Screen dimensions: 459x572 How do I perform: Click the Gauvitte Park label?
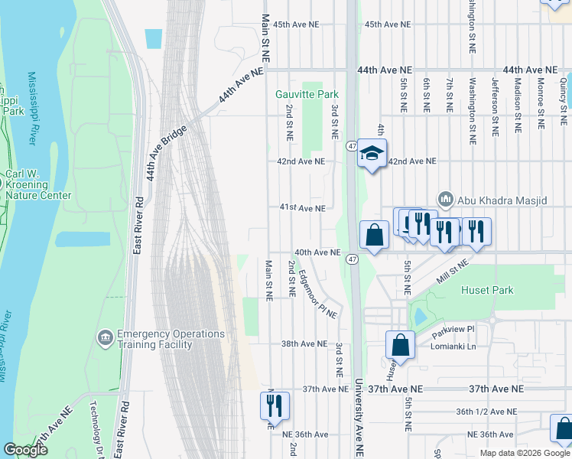[x=307, y=94]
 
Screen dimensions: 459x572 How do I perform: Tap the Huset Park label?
[x=487, y=290]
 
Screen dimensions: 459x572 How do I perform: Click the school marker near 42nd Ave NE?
[x=372, y=155]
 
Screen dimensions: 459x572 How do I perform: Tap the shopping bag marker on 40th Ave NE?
[x=374, y=235]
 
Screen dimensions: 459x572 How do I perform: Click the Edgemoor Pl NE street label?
[x=317, y=295]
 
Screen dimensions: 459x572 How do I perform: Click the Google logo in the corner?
[x=25, y=450]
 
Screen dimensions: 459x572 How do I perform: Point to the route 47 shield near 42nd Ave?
[x=352, y=145]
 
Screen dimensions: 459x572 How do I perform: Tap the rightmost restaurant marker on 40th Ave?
[x=476, y=230]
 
